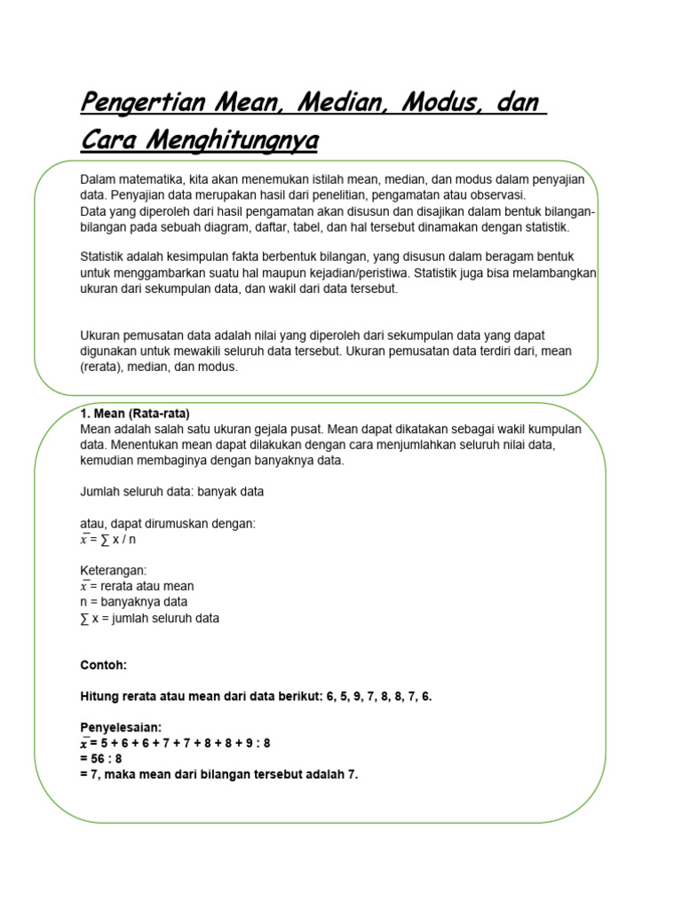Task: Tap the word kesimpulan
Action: [x=187, y=257]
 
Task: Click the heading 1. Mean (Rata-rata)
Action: [x=135, y=414]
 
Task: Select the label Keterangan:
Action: [x=114, y=570]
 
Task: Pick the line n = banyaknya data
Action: [x=133, y=602]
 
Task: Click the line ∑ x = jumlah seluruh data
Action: [x=149, y=618]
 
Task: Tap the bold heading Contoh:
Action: [x=103, y=664]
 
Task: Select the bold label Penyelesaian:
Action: [x=121, y=727]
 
